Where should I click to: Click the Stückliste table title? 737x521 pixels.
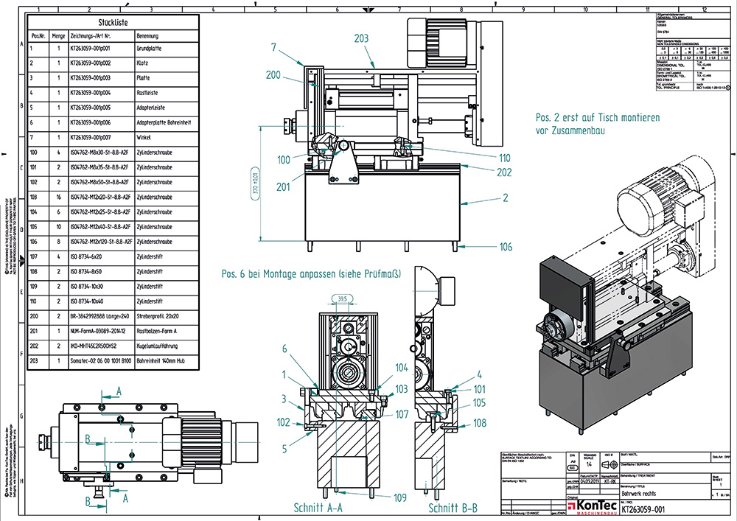coord(111,22)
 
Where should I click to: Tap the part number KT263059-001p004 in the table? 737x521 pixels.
coord(101,93)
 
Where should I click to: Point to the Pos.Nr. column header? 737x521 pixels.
coord(38,35)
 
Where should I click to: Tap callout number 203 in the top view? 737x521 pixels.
coord(361,38)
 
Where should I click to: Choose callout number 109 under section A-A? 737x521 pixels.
coord(399,498)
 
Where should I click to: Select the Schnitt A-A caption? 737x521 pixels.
coord(318,508)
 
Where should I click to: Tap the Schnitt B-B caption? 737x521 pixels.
coord(453,508)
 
